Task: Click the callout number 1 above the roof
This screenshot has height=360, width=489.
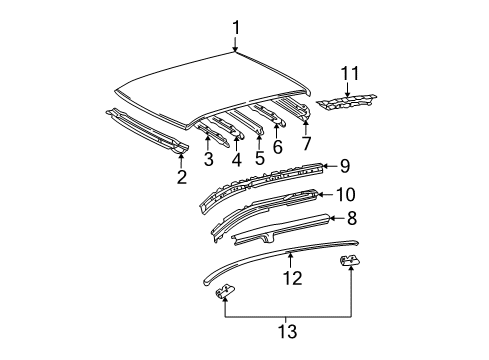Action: coord(235,27)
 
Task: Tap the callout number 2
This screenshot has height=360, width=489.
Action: coord(181,177)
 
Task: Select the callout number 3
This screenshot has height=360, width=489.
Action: coord(208,159)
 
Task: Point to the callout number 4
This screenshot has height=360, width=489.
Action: coord(235,158)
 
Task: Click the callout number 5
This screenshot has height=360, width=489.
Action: coord(259,158)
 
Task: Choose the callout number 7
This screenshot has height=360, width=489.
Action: coord(306,145)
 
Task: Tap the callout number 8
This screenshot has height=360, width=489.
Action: coord(351,218)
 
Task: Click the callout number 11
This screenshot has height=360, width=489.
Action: coord(349,72)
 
